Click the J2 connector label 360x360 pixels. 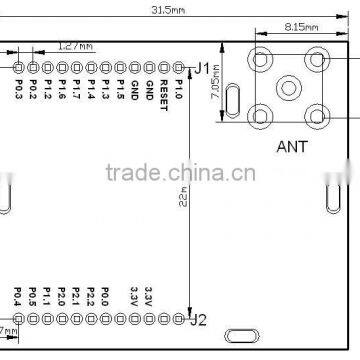point(199,320)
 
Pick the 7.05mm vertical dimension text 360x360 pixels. point(214,98)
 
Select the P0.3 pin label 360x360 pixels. point(19,91)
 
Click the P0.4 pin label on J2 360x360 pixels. point(18,297)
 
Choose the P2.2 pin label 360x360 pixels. point(90,297)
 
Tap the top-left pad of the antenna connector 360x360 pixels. point(262,58)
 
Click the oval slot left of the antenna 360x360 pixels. point(233,101)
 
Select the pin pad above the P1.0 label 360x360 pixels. point(178,67)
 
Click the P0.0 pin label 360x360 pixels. point(105,297)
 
